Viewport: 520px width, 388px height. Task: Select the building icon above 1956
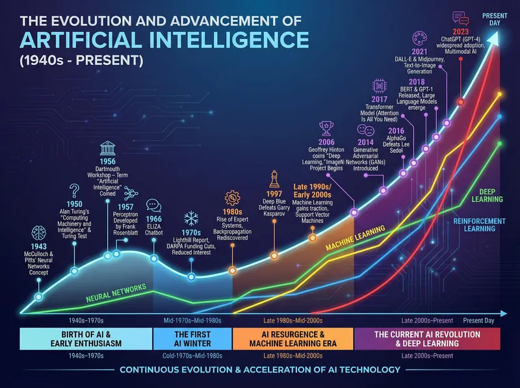[x=107, y=149]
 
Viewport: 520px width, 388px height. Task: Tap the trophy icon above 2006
[x=327, y=129]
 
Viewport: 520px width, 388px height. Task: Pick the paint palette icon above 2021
[x=420, y=38]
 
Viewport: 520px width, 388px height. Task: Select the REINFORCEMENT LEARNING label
[x=479, y=225]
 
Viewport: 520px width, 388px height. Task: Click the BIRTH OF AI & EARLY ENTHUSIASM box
[x=86, y=339]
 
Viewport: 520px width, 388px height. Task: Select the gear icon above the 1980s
[x=232, y=198]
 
